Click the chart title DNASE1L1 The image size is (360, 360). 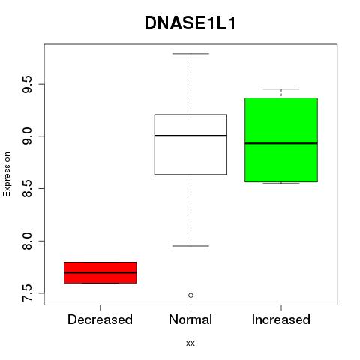point(190,23)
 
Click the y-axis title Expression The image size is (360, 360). point(7,174)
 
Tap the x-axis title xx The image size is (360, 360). point(190,343)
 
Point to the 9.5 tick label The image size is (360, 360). point(27,84)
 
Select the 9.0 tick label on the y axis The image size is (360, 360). point(27,136)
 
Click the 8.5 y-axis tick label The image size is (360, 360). point(27,188)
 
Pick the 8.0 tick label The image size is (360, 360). point(27,241)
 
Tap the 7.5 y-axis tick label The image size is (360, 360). point(27,293)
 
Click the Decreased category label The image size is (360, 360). point(100,319)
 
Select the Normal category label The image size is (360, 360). point(190,319)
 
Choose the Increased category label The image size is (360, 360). point(281,319)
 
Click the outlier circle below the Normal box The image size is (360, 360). point(190,295)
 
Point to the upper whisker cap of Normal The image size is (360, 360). point(190,54)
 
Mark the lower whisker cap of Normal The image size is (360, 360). point(190,246)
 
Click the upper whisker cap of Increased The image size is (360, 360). point(281,88)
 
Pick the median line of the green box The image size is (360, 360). point(281,143)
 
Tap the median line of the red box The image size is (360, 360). point(100,272)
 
